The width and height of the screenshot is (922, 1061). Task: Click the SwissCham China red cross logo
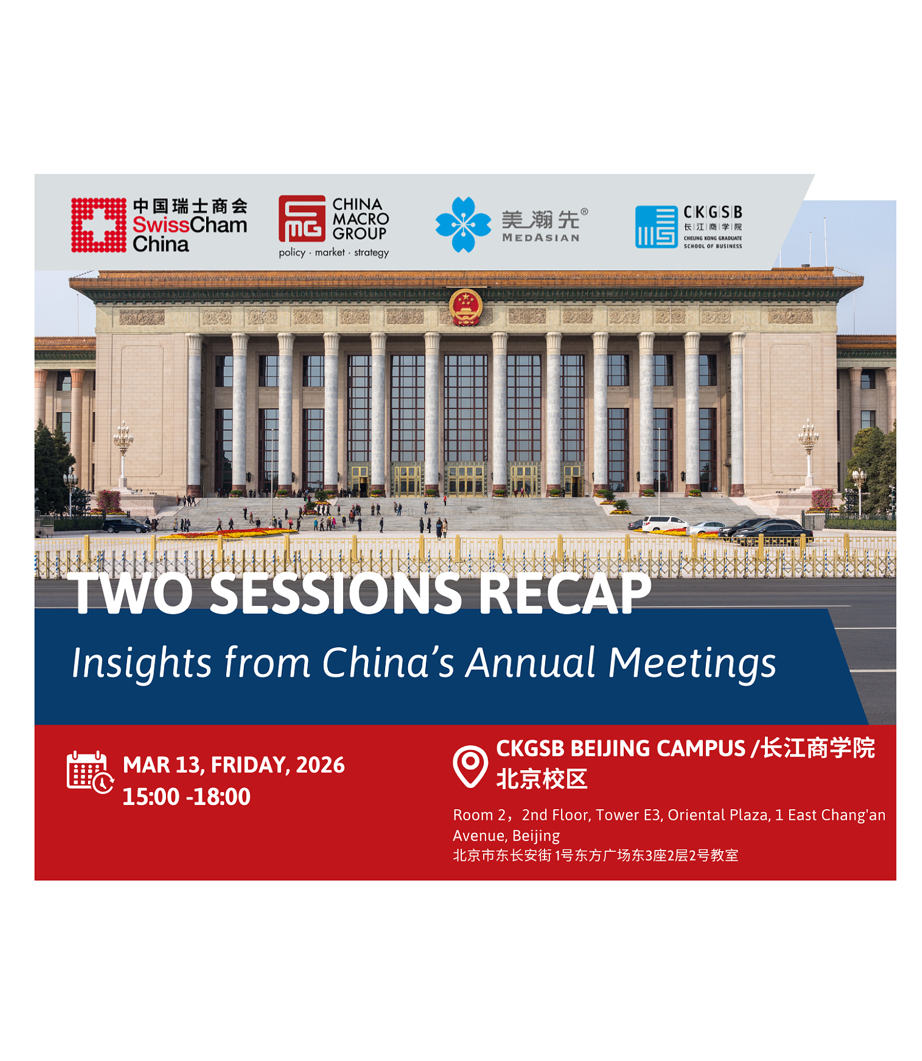[x=99, y=225]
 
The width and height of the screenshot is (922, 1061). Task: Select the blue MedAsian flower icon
[x=462, y=225]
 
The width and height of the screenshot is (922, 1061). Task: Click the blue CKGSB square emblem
[x=655, y=226]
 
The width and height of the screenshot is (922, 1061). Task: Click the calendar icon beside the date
[x=89, y=771]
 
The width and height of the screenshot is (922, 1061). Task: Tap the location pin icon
[x=470, y=765]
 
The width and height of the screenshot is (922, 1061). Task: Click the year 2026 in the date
[x=320, y=765]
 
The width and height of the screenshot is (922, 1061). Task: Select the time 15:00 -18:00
[x=186, y=796]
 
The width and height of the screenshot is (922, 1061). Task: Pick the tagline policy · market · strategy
[x=333, y=252]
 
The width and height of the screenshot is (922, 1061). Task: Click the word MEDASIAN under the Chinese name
[x=540, y=238]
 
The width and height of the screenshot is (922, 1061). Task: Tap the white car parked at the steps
[x=664, y=523]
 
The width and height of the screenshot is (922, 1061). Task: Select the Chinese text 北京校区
[x=541, y=779]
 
